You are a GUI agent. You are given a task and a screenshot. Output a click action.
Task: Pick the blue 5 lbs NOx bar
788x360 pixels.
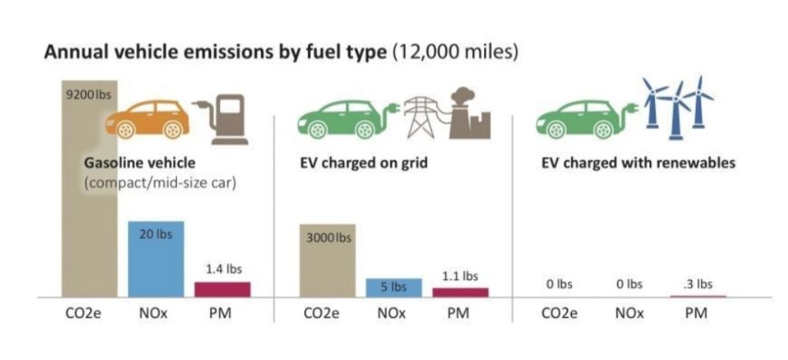[393, 287]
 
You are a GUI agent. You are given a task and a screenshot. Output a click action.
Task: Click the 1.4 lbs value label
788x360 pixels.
[223, 269]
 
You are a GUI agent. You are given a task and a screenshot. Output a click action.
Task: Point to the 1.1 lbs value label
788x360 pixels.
[459, 275]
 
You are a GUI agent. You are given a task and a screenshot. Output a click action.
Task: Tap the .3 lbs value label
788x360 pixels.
[699, 284]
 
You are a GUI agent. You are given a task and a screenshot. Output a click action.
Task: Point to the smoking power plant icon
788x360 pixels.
[467, 113]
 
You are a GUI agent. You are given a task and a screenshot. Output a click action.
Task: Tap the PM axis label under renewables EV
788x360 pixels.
[697, 315]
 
